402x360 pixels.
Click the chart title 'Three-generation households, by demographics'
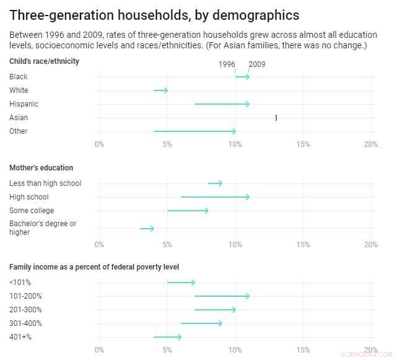point(154,15)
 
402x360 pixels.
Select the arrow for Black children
point(242,77)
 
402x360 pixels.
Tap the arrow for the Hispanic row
point(222,104)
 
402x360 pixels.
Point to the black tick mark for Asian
point(276,118)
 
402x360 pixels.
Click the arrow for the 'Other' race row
point(194,131)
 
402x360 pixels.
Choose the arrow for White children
point(160,90)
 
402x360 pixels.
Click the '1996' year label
point(227,64)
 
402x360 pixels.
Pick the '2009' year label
point(257,64)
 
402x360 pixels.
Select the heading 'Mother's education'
point(41,168)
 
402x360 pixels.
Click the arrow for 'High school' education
point(215,197)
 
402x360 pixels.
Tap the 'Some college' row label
point(32,211)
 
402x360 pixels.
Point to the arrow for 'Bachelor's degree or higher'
point(147,229)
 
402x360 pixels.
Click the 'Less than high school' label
point(45,183)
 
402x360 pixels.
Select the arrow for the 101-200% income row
point(222,296)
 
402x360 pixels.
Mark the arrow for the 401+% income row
point(167,337)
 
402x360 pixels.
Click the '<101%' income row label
point(20,283)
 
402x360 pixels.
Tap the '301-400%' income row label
point(25,323)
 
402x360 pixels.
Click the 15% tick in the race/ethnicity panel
point(302,144)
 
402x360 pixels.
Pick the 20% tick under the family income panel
point(370,349)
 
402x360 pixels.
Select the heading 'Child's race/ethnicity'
point(44,61)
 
